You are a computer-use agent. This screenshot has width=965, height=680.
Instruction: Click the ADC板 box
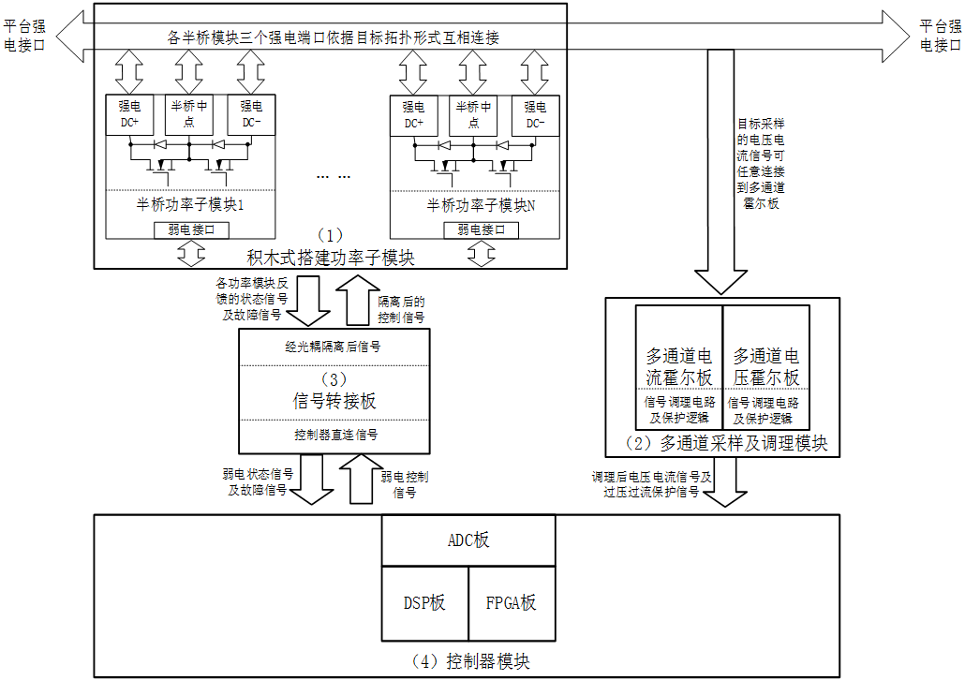pyautogui.click(x=468, y=540)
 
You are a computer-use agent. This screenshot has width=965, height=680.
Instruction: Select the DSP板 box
pyautogui.click(x=424, y=604)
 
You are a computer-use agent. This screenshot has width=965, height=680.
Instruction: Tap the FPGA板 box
pyautogui.click(x=512, y=604)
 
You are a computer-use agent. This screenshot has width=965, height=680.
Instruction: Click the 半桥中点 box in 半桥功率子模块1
pyautogui.click(x=189, y=114)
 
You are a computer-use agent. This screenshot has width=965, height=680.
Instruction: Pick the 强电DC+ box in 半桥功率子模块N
pyautogui.click(x=413, y=115)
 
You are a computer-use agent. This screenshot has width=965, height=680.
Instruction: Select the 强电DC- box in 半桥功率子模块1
pyautogui.click(x=251, y=114)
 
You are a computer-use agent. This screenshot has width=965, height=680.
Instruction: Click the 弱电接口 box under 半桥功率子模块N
pyautogui.click(x=482, y=230)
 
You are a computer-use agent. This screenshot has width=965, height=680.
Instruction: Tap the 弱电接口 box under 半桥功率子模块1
pyautogui.click(x=191, y=230)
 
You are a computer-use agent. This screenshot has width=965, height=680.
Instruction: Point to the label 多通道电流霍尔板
pyautogui.click(x=679, y=367)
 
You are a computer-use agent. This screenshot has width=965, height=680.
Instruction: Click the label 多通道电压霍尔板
pyautogui.click(x=766, y=367)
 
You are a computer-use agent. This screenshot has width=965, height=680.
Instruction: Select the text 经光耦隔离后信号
pyautogui.click(x=333, y=347)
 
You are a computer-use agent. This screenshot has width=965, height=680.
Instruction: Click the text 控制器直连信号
pyautogui.click(x=336, y=436)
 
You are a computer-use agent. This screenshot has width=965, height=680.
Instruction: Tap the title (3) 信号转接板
pyautogui.click(x=334, y=392)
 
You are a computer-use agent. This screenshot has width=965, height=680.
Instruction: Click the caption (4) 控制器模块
pyautogui.click(x=470, y=661)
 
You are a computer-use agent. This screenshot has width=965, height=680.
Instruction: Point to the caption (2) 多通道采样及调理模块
pyautogui.click(x=726, y=443)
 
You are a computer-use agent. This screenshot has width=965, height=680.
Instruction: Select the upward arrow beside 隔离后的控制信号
pyautogui.click(x=358, y=300)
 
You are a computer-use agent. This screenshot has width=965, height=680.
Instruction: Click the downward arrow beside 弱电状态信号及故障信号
pyautogui.click(x=311, y=480)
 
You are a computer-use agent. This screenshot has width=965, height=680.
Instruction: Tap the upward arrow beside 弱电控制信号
pyautogui.click(x=362, y=480)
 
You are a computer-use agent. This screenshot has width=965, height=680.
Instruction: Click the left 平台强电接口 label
pyautogui.click(x=24, y=36)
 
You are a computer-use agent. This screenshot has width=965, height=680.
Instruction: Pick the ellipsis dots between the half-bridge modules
pyautogui.click(x=333, y=177)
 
